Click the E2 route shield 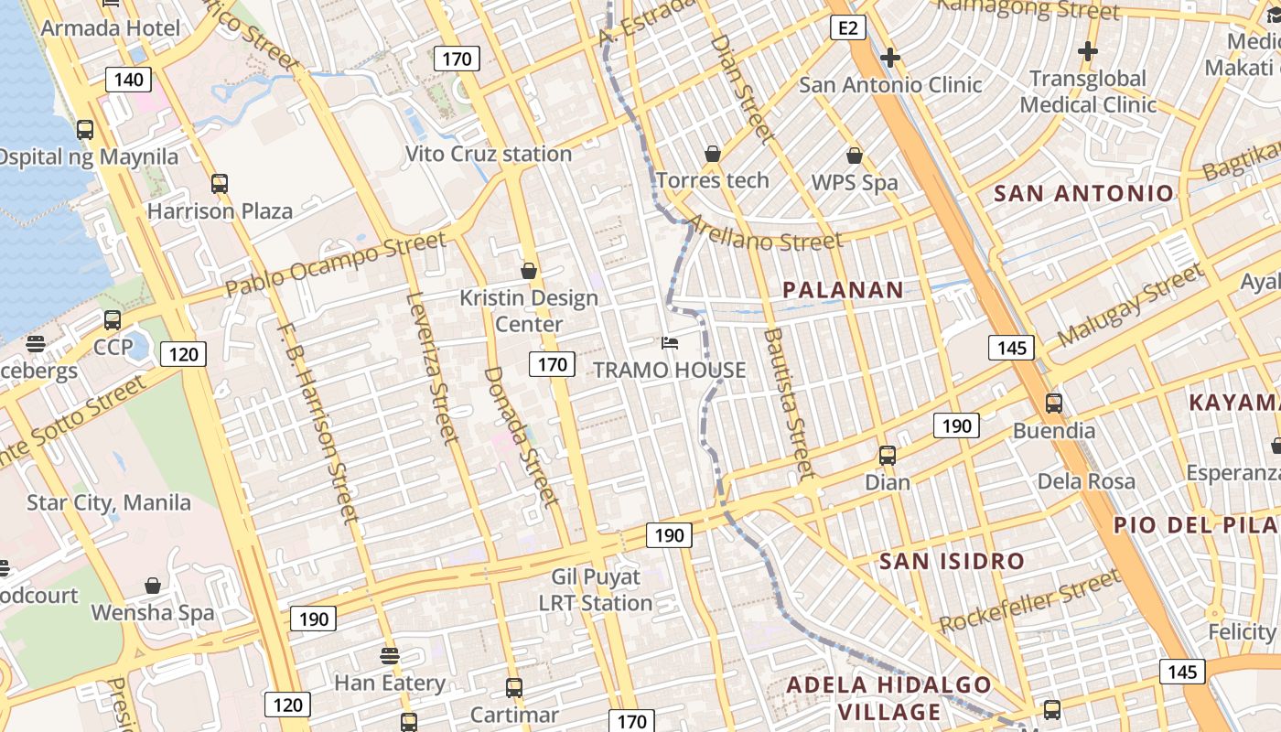(848, 28)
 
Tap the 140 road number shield (128, 80)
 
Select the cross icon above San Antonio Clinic (889, 59)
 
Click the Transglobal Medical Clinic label (1088, 91)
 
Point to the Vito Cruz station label (488, 154)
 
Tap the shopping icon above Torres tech (712, 154)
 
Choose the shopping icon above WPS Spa (855, 156)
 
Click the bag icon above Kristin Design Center (528, 271)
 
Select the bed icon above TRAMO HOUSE (670, 343)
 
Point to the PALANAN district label (843, 290)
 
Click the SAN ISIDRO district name (952, 561)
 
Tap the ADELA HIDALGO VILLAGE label (889, 698)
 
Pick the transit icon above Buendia (1053, 403)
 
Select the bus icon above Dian (887, 455)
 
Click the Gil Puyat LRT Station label (596, 590)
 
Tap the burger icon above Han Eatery (390, 655)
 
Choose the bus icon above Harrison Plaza (220, 183)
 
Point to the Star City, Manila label (109, 502)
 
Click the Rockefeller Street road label (1029, 600)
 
